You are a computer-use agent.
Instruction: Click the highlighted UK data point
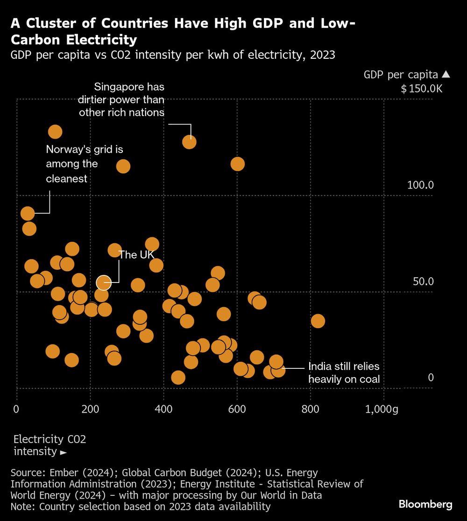click(104, 282)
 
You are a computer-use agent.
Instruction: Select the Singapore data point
click(189, 142)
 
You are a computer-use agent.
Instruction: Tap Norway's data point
click(28, 213)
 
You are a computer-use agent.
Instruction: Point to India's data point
click(278, 370)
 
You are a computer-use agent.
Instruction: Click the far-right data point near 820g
click(318, 321)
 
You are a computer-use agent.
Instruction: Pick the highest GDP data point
click(55, 132)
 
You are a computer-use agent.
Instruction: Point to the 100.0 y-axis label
click(420, 185)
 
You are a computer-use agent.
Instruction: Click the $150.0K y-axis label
click(421, 89)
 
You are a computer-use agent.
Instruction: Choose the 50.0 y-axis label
click(423, 282)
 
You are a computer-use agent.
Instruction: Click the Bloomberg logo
click(425, 504)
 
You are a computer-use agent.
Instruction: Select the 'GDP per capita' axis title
click(401, 74)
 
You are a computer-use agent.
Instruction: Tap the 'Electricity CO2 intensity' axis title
click(50, 445)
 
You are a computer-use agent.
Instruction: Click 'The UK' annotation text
click(136, 255)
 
